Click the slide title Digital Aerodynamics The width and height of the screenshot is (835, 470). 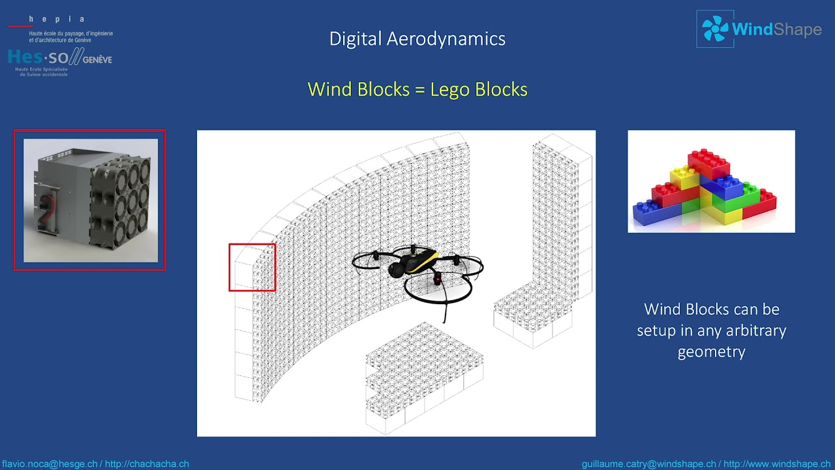click(417, 39)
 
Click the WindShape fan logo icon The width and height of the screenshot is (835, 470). click(715, 29)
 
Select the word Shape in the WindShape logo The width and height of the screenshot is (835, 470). click(797, 29)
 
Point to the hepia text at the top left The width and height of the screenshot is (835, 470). click(57, 20)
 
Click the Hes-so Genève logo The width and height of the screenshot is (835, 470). click(59, 59)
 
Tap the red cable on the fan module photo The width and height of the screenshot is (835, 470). click(46, 208)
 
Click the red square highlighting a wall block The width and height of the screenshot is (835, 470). click(252, 267)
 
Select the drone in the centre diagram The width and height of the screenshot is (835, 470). click(417, 271)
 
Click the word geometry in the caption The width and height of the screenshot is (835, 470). click(711, 352)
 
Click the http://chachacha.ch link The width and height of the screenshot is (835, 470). click(147, 464)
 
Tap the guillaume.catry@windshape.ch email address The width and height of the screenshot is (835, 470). click(648, 464)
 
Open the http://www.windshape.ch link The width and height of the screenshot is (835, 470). click(777, 464)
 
